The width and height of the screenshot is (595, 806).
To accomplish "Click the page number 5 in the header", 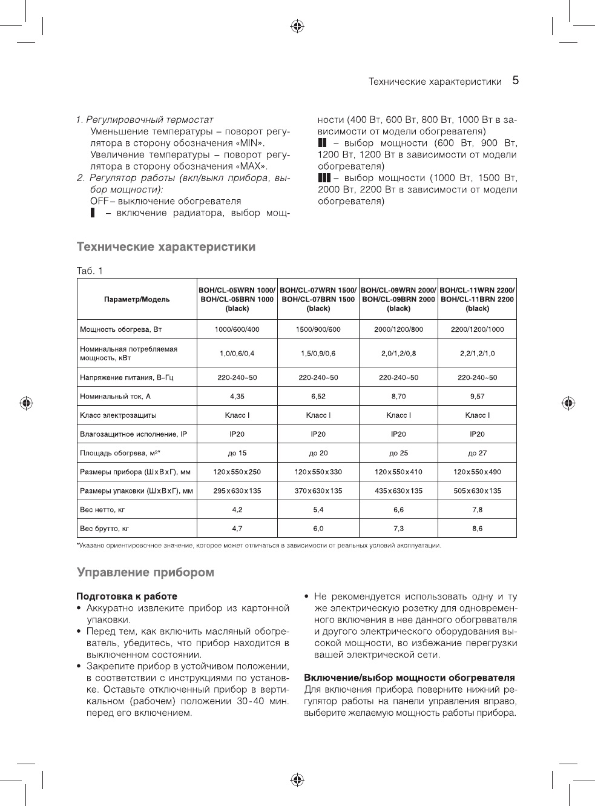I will tap(515, 81).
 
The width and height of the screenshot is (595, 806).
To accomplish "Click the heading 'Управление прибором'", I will tap(145, 572).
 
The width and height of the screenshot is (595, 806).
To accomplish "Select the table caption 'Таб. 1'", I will tap(90, 271).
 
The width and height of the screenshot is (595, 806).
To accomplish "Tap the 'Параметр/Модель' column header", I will tap(137, 299).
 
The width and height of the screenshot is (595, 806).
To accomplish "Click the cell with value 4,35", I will tap(237, 397).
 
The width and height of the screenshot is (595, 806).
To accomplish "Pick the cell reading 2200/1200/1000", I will tap(477, 329).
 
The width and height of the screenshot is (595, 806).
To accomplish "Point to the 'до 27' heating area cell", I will tap(477, 453).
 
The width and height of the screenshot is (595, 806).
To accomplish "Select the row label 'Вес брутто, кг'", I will tap(105, 529).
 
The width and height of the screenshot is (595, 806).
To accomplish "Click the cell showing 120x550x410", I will tap(398, 472).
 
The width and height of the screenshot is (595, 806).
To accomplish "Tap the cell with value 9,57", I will tap(477, 397).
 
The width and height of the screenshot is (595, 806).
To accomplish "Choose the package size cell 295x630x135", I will tap(237, 491).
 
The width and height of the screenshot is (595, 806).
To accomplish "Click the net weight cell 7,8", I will tap(477, 510).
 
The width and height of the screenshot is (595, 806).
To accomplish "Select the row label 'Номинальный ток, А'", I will tap(115, 397).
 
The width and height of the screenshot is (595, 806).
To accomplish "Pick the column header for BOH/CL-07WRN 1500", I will tap(318, 299).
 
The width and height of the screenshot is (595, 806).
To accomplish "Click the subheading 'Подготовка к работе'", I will tap(127, 596).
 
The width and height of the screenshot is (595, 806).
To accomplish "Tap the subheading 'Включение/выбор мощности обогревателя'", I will tap(409, 678).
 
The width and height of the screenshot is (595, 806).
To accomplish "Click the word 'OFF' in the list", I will tap(99, 201).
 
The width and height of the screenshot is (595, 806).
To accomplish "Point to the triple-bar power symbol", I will tap(324, 178).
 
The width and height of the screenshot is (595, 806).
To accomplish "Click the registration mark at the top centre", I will tap(297, 26).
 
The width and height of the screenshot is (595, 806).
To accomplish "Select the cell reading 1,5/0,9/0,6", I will tap(318, 354).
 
